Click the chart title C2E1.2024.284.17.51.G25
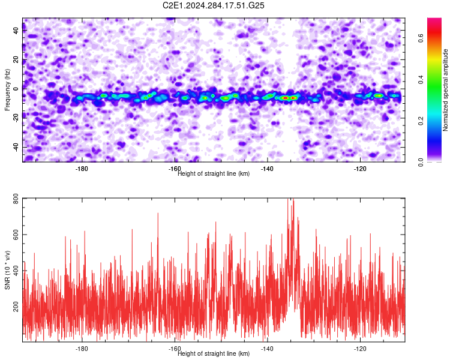click(x=213, y=5)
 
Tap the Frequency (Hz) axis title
click(x=7, y=90)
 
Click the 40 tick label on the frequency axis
click(x=16, y=31)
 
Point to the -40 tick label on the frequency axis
click(x=16, y=146)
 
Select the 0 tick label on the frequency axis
click(x=16, y=89)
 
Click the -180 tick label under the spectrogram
click(x=82, y=169)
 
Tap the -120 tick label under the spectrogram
click(x=360, y=169)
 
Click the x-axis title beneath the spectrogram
click(x=214, y=173)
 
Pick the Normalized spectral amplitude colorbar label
click(x=445, y=90)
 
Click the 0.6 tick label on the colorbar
click(x=421, y=38)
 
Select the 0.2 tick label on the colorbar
click(x=421, y=121)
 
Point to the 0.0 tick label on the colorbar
click(x=421, y=162)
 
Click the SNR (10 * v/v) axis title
click(x=7, y=270)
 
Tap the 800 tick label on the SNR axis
click(x=16, y=199)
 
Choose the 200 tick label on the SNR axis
click(x=16, y=307)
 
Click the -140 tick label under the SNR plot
click(x=267, y=349)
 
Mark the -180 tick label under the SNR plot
click(x=82, y=349)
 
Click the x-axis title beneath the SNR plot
click(x=214, y=353)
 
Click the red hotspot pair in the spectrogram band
click(x=289, y=98)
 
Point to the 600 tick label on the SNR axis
click(x=16, y=235)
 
